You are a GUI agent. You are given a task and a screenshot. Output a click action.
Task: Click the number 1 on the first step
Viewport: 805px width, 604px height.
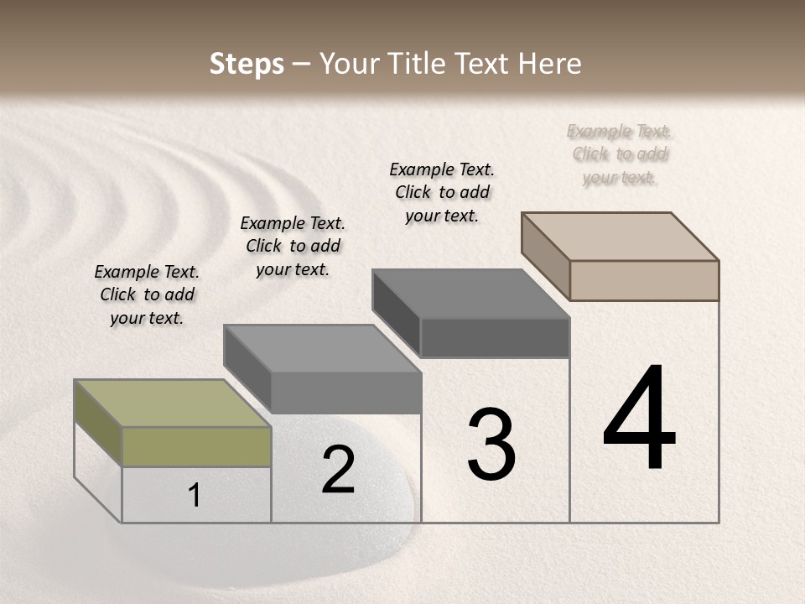click(195, 495)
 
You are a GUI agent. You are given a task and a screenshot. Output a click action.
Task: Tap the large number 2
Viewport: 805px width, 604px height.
click(338, 470)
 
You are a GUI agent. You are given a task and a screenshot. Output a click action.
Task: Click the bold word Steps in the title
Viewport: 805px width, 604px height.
click(247, 64)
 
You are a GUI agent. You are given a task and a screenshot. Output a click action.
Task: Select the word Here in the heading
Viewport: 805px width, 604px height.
click(550, 64)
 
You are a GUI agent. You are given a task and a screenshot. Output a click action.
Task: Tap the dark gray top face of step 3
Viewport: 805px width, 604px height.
click(470, 294)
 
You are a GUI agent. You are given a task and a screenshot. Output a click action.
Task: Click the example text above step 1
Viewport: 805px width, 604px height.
click(147, 294)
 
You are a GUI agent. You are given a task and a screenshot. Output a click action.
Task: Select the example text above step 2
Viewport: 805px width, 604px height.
click(293, 246)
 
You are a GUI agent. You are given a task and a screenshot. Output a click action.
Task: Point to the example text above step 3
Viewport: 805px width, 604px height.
click(442, 192)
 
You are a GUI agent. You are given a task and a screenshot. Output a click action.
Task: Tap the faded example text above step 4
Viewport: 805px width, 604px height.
click(620, 154)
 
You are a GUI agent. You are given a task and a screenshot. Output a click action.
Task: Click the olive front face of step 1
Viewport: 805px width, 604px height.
click(196, 446)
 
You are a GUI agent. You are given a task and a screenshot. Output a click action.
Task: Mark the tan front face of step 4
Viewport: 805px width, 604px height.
click(644, 280)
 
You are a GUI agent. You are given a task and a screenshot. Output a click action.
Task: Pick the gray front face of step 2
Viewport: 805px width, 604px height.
click(345, 393)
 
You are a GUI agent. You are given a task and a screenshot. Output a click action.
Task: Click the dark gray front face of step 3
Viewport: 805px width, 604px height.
click(495, 337)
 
